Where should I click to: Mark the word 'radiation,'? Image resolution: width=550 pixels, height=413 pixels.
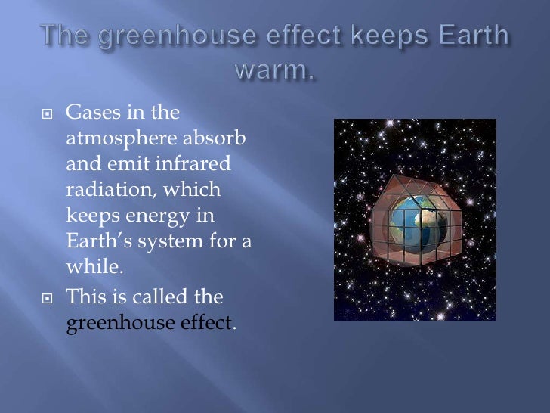(112, 191)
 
